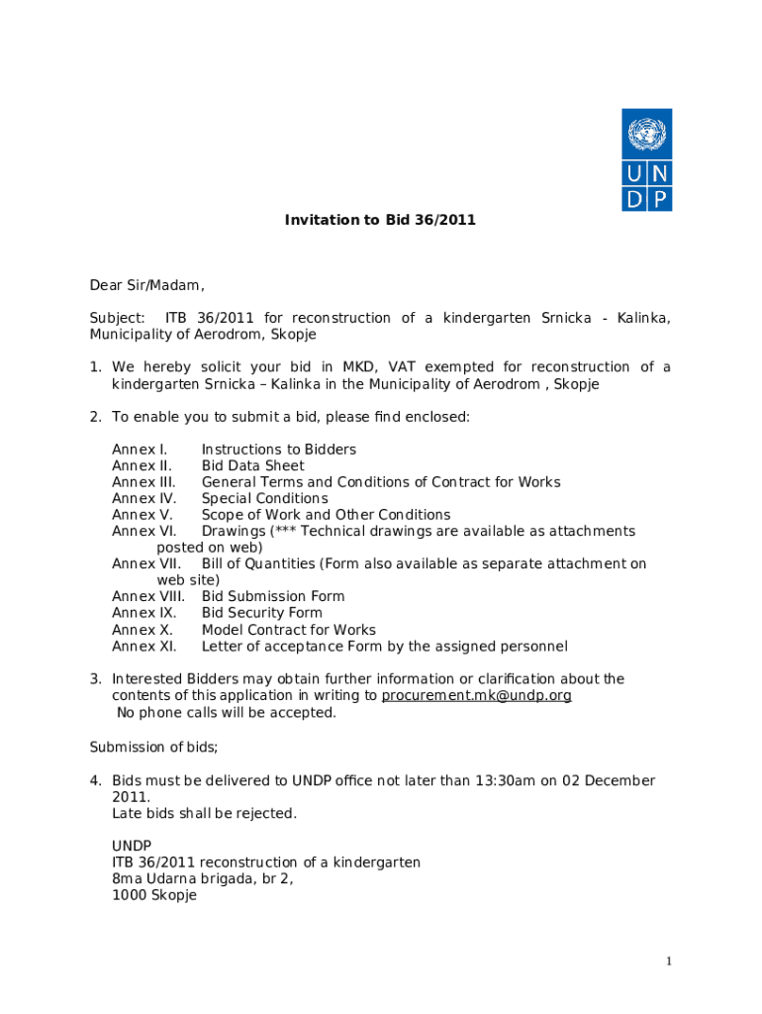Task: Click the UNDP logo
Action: [646, 159]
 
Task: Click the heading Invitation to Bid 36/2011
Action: [380, 220]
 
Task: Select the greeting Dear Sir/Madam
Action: [146, 286]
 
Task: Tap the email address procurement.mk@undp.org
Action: [476, 695]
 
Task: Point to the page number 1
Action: [669, 962]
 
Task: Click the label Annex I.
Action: [135, 450]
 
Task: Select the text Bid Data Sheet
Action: [252, 465]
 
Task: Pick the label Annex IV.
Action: [143, 498]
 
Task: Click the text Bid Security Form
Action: [261, 613]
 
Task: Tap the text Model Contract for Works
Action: [288, 630]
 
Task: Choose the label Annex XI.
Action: [143, 647]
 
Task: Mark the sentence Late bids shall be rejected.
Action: [204, 813]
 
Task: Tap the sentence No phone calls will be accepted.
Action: [226, 712]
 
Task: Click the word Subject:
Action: [117, 318]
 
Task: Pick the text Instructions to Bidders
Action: [278, 450]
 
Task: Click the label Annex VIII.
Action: [147, 596]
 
